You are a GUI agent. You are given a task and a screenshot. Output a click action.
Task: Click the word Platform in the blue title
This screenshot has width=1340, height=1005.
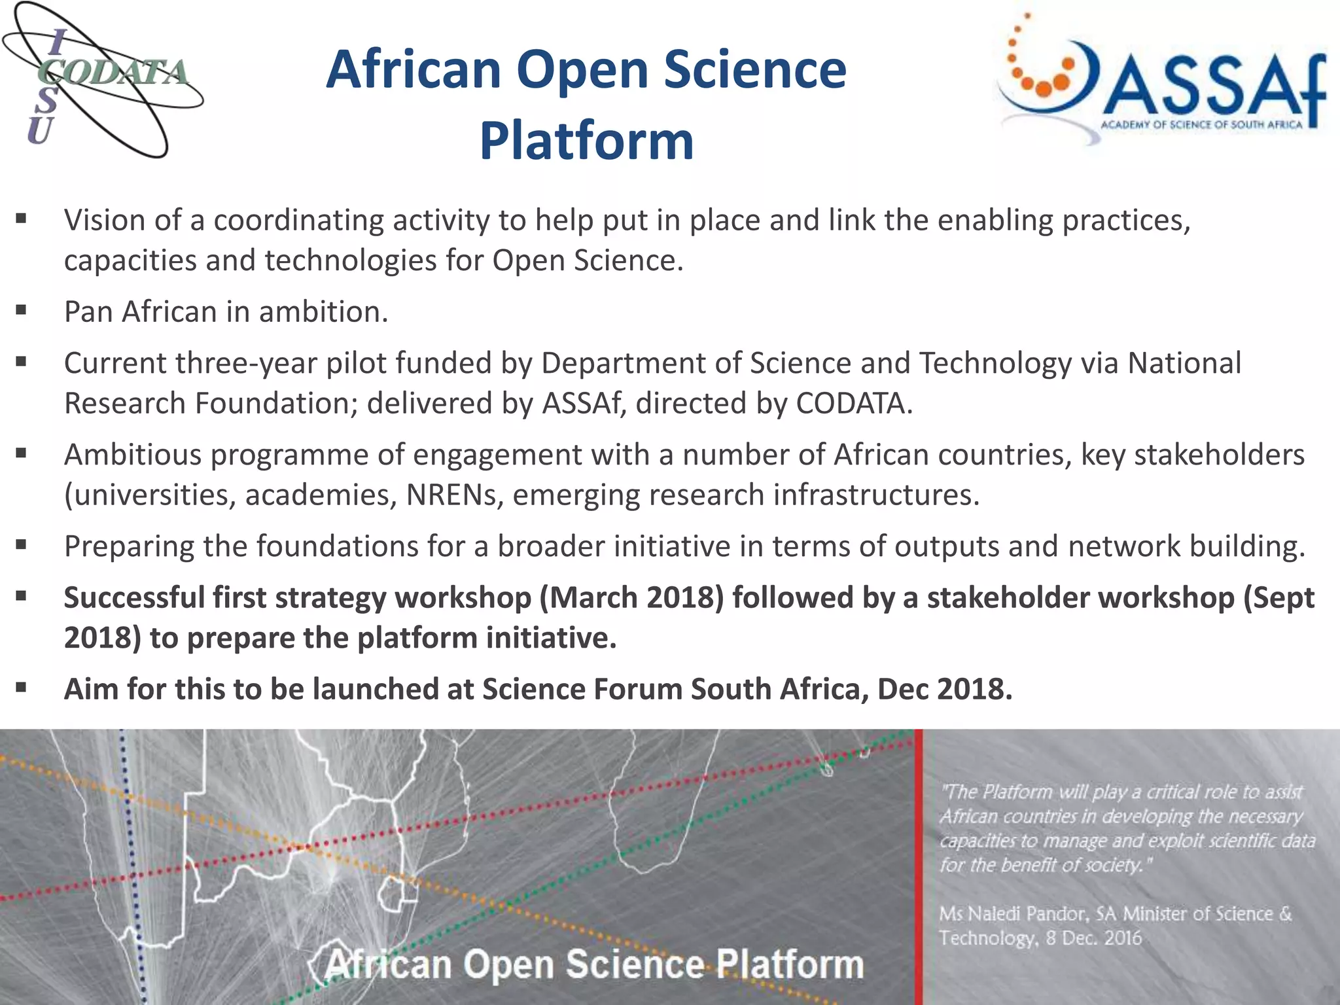586,141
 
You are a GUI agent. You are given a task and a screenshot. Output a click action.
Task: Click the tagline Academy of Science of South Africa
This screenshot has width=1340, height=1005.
1201,124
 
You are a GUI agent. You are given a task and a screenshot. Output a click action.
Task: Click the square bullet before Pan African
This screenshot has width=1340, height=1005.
22,310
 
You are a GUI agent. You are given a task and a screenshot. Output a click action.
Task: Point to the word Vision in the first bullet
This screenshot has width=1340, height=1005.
103,220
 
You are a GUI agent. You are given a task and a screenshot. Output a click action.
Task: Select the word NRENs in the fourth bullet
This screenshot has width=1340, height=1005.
454,495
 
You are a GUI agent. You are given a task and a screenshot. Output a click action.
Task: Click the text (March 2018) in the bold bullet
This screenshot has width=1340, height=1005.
631,598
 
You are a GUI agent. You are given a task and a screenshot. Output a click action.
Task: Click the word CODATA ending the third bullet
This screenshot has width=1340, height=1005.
853,404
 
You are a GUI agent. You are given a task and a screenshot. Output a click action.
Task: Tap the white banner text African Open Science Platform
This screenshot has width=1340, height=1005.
594,964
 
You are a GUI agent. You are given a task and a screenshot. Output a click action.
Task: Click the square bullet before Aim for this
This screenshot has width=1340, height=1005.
22,688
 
